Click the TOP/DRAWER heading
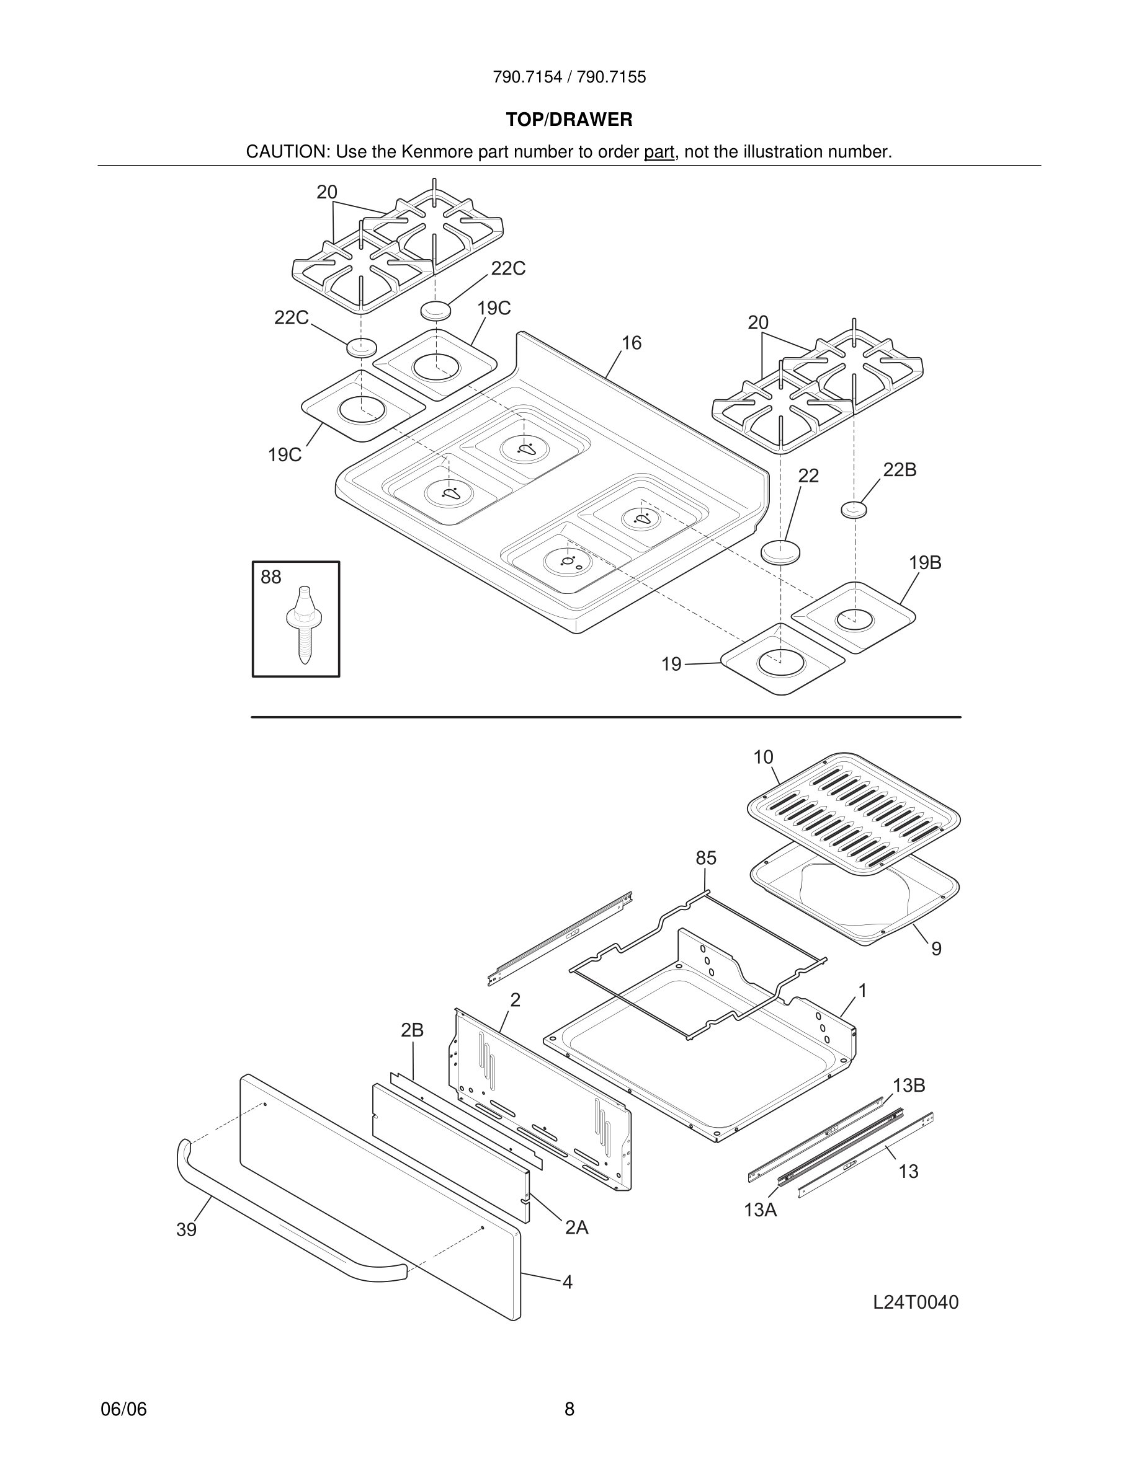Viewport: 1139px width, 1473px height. click(569, 120)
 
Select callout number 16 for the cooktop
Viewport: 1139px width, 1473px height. click(631, 343)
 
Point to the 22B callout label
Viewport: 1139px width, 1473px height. click(900, 470)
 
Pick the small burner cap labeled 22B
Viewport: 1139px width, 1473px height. click(854, 509)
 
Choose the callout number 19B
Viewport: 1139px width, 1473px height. click(924, 562)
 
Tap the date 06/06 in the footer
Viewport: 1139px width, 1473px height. click(123, 1409)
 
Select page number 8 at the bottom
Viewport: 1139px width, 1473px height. click(569, 1409)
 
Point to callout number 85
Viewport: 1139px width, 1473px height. click(706, 858)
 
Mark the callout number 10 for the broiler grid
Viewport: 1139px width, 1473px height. click(763, 758)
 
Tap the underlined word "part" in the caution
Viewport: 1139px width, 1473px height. click(659, 153)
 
